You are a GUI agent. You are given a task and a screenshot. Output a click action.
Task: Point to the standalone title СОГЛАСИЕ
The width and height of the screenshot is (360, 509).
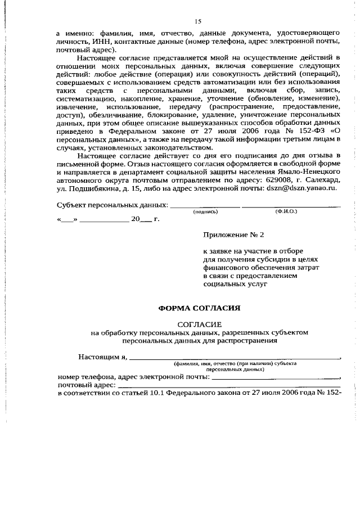[x=200, y=325]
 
